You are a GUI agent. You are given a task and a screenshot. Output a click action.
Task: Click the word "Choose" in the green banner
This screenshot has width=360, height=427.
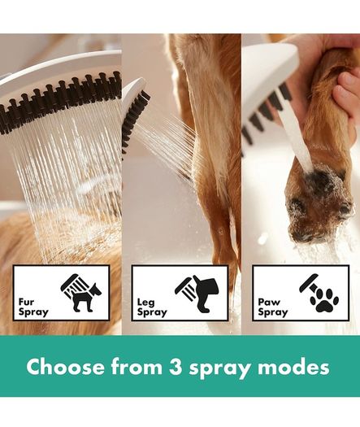[x=65, y=368]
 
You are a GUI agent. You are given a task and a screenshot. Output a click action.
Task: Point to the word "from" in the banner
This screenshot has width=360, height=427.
[x=137, y=367]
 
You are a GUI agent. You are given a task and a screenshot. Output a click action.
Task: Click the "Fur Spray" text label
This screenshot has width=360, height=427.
[x=33, y=307]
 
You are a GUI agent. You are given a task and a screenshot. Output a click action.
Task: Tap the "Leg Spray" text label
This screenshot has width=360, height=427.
[x=152, y=307]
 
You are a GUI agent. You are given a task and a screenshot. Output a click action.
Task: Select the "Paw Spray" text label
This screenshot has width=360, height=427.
[x=273, y=307]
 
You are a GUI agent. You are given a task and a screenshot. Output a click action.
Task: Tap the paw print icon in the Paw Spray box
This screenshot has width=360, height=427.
[x=324, y=300]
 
